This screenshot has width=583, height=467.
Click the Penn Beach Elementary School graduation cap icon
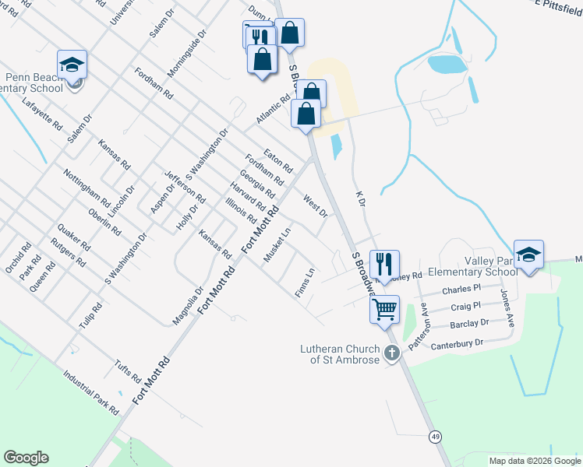(72, 65)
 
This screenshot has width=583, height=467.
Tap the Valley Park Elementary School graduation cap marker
(528, 255)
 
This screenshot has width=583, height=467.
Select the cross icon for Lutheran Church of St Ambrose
(391, 353)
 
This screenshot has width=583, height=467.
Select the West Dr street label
(315, 207)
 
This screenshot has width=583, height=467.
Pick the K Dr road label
(359, 198)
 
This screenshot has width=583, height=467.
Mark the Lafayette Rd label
(42, 114)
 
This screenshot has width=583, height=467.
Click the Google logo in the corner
(26, 458)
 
